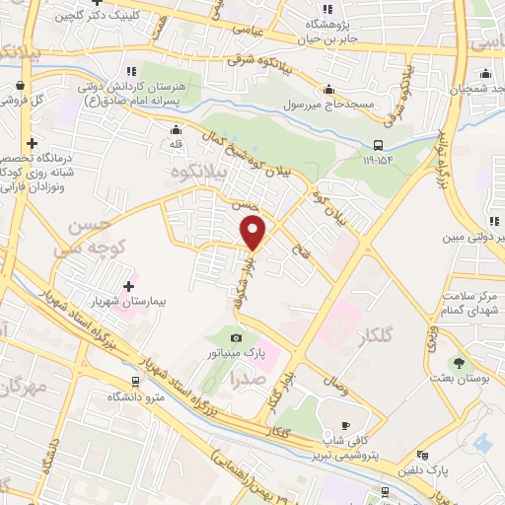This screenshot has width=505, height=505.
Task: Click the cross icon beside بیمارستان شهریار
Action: (129, 286)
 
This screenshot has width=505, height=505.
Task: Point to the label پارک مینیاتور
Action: (235, 351)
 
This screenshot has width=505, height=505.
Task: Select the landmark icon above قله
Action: (177, 128)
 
